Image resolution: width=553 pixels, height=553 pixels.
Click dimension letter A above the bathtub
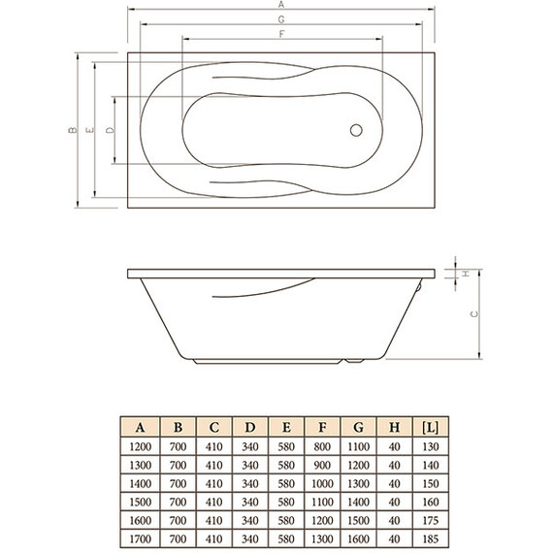point(280,5)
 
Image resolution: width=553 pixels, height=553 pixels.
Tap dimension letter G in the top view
point(280,19)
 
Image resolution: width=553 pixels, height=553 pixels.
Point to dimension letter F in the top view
point(280,34)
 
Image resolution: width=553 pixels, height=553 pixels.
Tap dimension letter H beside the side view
point(465,274)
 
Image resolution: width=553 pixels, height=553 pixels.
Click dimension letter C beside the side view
point(472,313)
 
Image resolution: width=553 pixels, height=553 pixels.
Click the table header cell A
point(141,427)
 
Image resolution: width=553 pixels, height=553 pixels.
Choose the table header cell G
point(357,427)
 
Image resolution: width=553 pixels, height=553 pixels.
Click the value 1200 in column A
point(141,446)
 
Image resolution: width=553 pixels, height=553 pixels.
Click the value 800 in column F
point(321,446)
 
